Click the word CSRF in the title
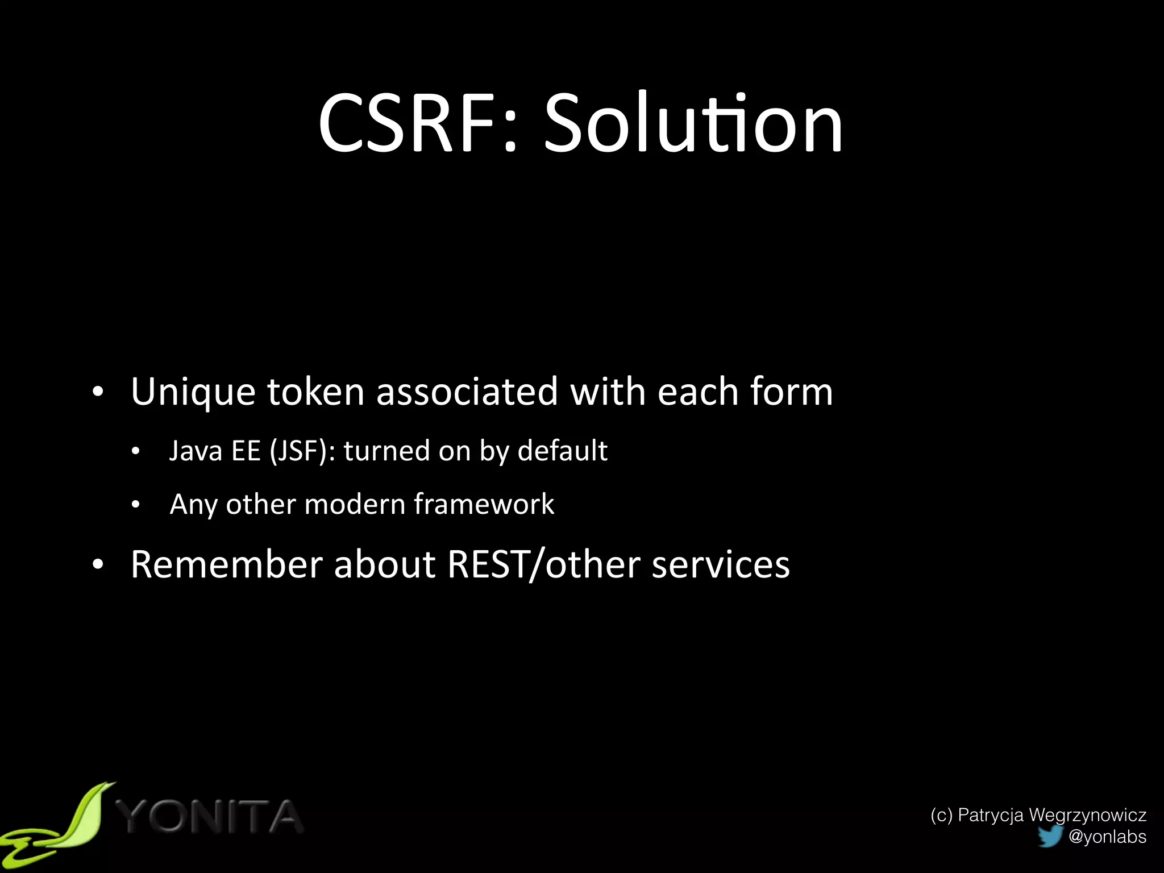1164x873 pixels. point(409,124)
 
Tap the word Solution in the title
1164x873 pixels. point(693,124)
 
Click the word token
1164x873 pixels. point(315,392)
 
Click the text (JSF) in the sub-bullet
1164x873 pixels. point(303,451)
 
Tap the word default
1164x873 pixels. point(562,451)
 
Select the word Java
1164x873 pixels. point(196,451)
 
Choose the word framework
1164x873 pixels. point(484,504)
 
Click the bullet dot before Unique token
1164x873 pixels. point(98,392)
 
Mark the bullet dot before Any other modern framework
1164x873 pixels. point(135,505)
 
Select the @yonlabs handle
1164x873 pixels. point(1107,837)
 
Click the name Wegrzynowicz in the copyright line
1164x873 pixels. point(1087,815)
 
